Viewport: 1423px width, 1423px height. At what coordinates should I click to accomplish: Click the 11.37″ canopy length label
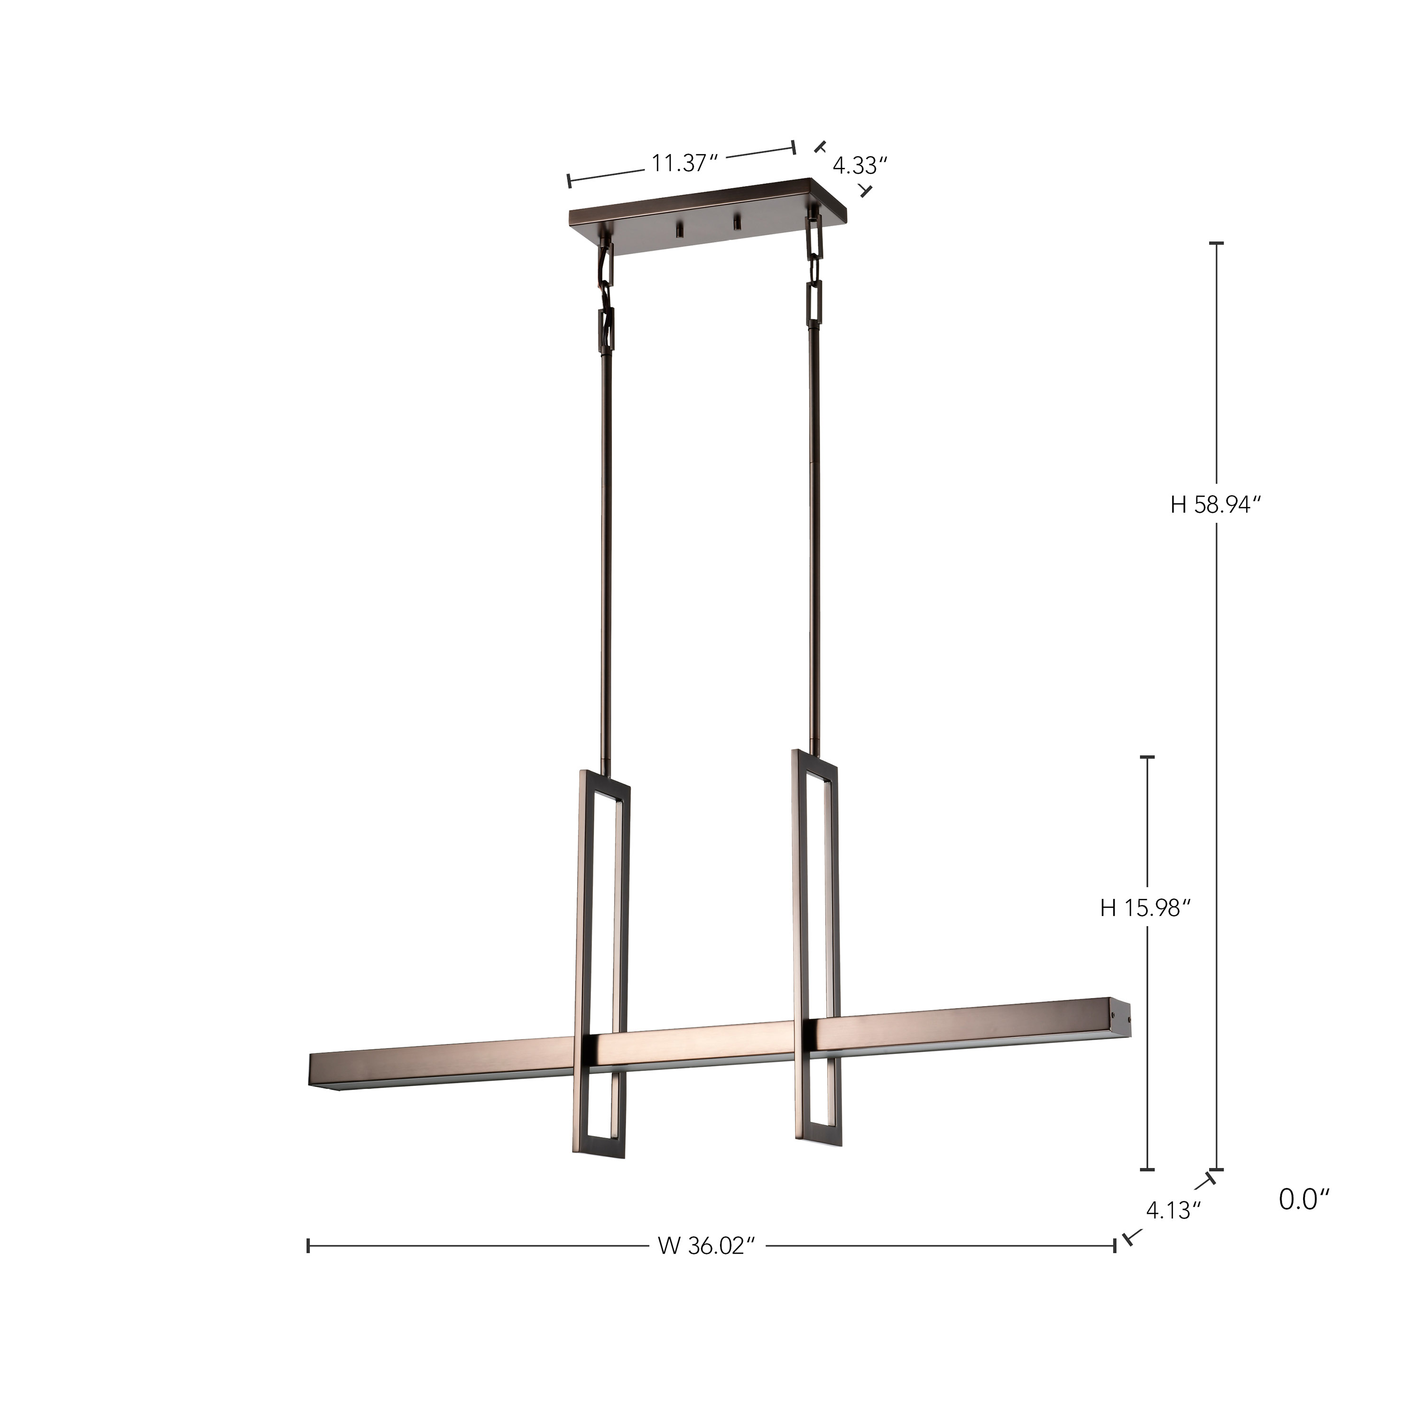pos(684,163)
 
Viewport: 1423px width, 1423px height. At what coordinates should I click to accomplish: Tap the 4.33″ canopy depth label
pos(855,166)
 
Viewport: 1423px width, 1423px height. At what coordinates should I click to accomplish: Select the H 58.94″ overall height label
pos(1216,505)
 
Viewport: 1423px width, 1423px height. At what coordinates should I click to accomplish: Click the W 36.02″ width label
pos(707,1246)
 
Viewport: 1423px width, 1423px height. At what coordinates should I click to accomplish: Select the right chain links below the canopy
pos(814,273)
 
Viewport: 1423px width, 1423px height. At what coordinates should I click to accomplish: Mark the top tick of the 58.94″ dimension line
pos(1216,242)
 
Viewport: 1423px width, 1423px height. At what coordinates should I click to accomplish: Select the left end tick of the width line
pos(308,1246)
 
